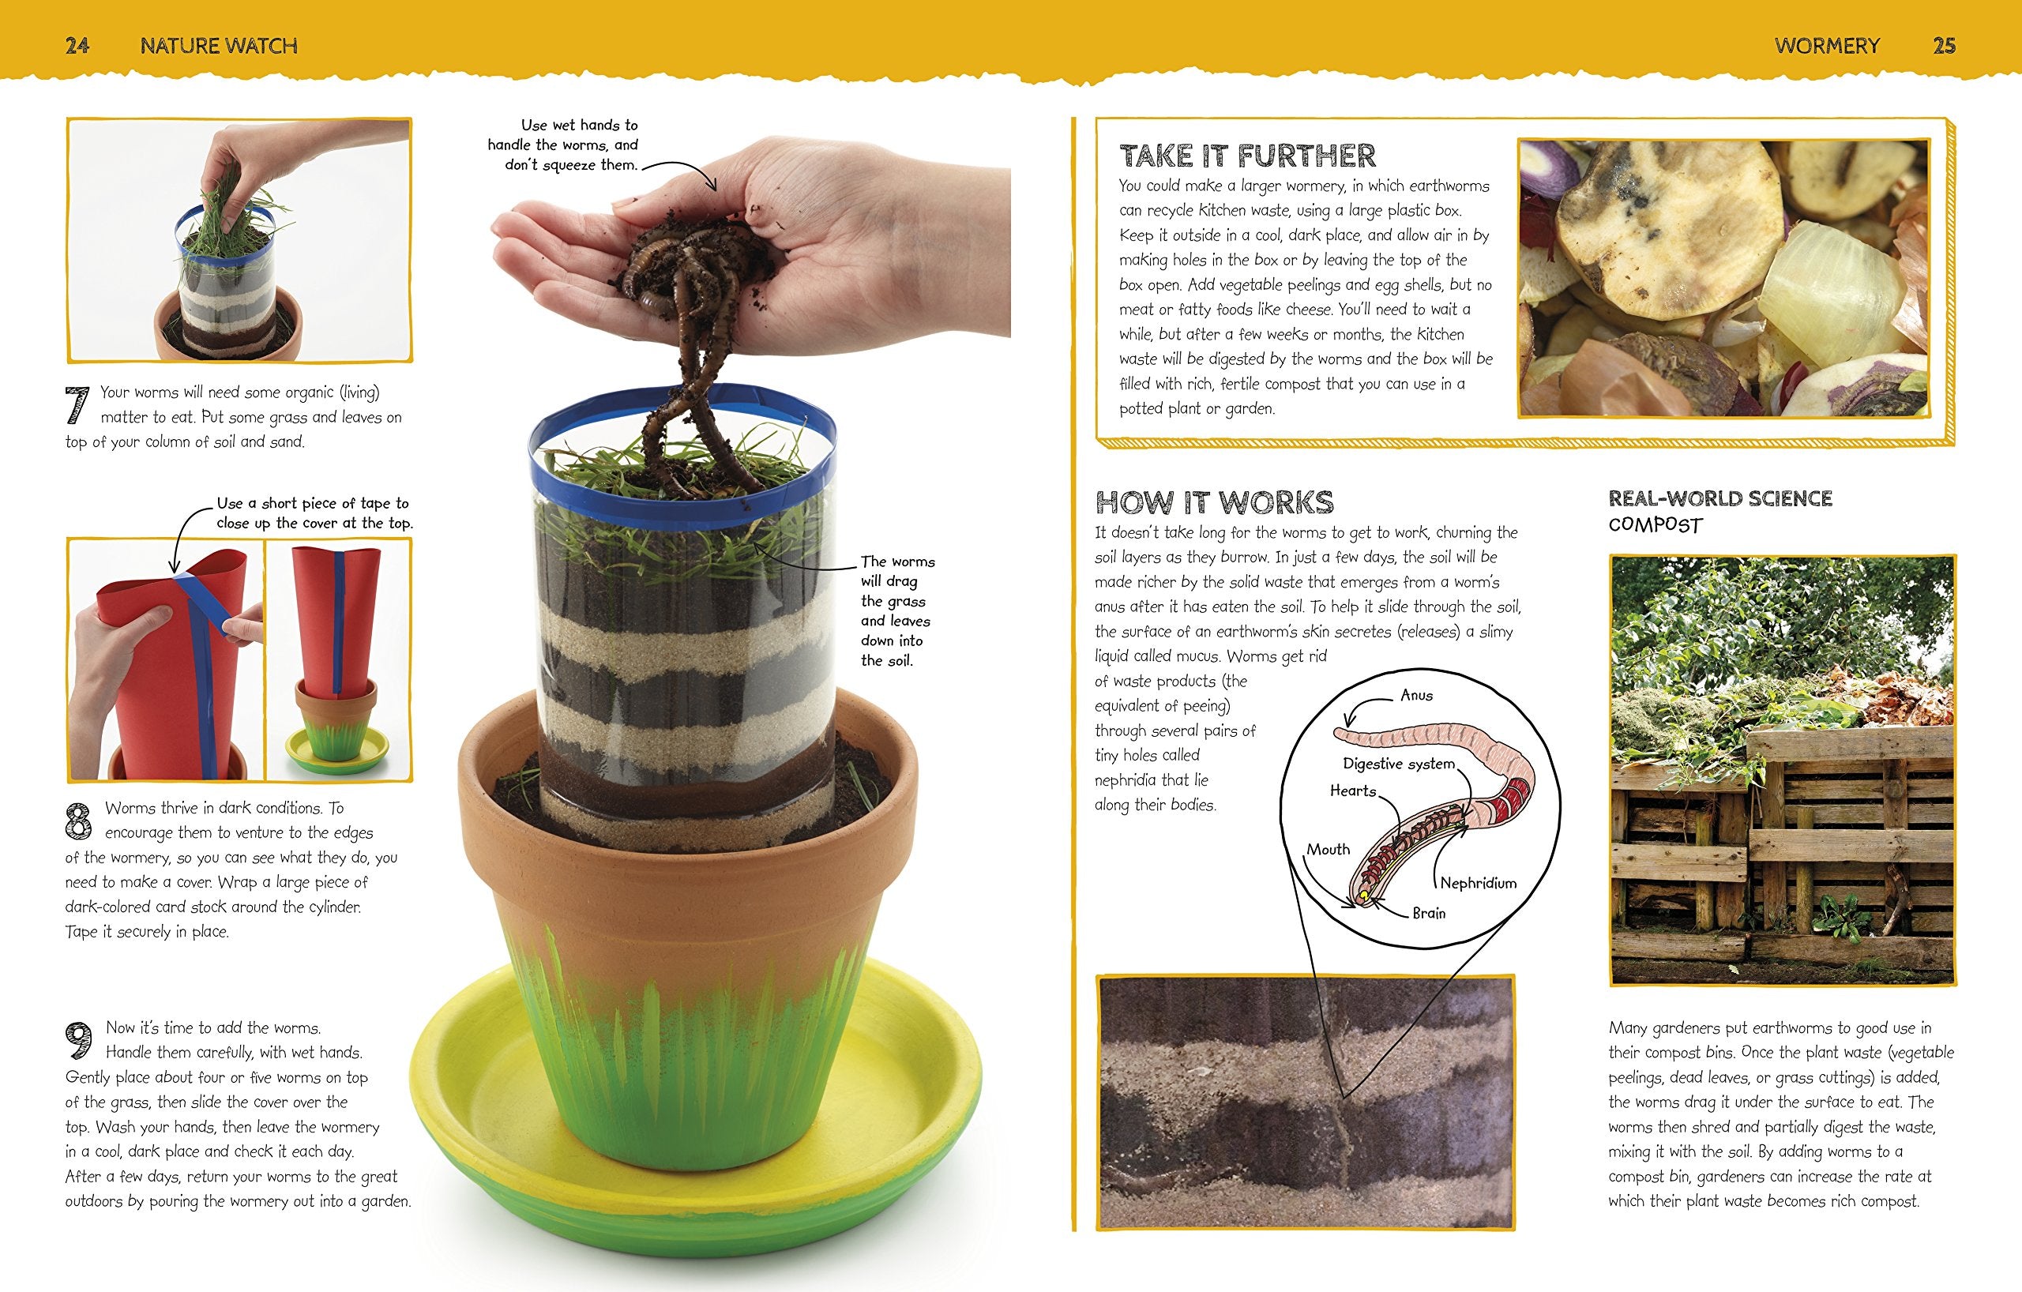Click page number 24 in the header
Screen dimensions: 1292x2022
tap(77, 45)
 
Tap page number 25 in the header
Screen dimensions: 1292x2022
tap(1944, 45)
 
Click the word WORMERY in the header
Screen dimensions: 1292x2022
tap(1827, 45)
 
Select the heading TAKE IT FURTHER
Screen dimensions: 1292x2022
tap(1248, 156)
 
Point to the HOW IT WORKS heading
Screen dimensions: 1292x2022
tap(1214, 502)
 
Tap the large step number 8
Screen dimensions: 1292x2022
tap(78, 821)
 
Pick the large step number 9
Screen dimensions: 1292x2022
tap(79, 1041)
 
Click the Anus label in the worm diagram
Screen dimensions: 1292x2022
tap(1416, 695)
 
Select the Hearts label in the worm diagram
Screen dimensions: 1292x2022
tap(1353, 791)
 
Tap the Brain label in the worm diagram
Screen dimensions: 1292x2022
tap(1428, 913)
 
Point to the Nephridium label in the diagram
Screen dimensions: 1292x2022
tap(1478, 882)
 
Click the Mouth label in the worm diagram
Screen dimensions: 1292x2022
tap(1328, 850)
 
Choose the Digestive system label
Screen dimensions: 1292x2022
tap(1398, 763)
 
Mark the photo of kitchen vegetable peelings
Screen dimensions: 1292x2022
tap(1724, 277)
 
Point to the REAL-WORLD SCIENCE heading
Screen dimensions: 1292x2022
tap(1719, 498)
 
